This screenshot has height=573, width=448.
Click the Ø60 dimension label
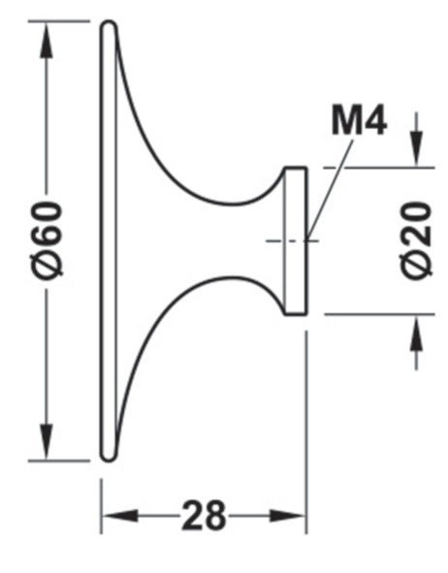click(48, 239)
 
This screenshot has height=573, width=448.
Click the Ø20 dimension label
click(417, 240)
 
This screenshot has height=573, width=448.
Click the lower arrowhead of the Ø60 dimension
click(47, 441)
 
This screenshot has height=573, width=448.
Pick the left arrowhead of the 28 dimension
click(120, 516)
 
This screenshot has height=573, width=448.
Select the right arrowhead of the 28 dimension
click(288, 516)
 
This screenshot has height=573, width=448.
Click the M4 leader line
click(331, 190)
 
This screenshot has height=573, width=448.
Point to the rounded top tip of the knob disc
click(109, 22)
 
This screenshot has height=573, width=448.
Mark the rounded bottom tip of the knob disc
click(109, 460)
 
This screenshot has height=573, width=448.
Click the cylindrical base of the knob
click(296, 240)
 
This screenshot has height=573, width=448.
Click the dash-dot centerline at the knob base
click(292, 240)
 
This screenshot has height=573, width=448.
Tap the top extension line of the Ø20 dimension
click(379, 168)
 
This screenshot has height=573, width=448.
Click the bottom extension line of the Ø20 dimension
click(379, 314)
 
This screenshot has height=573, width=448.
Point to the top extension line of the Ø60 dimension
click(59, 21)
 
